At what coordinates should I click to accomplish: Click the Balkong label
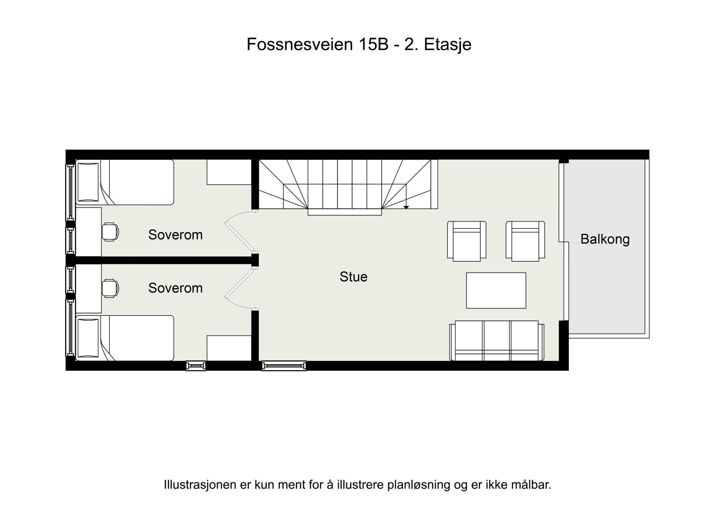tap(605, 239)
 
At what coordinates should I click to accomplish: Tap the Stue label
tap(353, 276)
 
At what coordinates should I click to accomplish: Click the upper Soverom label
tap(175, 235)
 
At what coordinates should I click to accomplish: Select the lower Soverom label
tap(175, 288)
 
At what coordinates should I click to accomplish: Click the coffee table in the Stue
tap(496, 290)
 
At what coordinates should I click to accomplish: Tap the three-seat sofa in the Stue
tap(496, 340)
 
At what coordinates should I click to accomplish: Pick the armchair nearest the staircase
tap(467, 241)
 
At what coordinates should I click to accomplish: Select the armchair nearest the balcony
tap(525, 241)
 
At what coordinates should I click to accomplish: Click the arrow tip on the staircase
tap(406, 207)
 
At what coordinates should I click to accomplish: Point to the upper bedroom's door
tap(238, 234)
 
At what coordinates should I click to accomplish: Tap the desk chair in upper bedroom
tap(110, 232)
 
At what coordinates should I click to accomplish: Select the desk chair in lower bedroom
tap(110, 288)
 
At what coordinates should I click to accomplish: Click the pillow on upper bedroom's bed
tap(88, 182)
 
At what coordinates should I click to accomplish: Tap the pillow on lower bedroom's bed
tap(88, 338)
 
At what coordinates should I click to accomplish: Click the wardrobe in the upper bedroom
tap(228, 172)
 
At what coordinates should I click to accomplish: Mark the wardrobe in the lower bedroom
tap(228, 348)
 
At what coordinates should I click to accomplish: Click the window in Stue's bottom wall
tap(284, 366)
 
